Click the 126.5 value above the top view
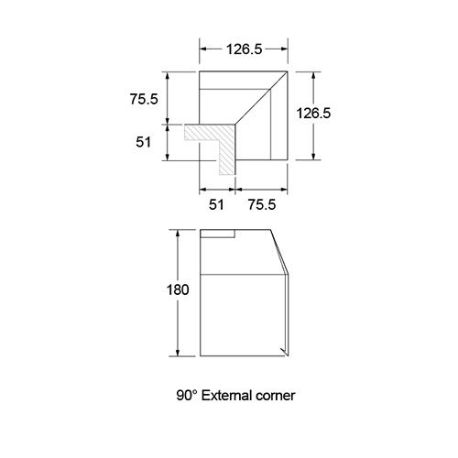pyautogui.click(x=244, y=49)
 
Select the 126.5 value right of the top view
pyautogui.click(x=313, y=114)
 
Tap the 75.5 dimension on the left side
pyautogui.click(x=144, y=99)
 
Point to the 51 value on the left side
pyautogui.click(x=143, y=142)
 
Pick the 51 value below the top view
pyautogui.click(x=216, y=204)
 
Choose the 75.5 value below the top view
pyautogui.click(x=262, y=204)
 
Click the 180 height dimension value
pyautogui.click(x=178, y=289)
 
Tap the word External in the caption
pyautogui.click(x=227, y=396)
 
